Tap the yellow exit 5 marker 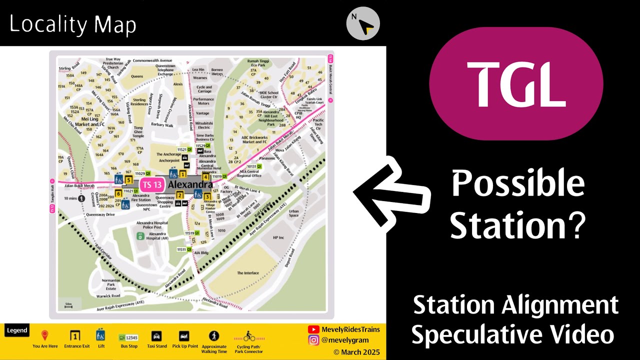point(129,180)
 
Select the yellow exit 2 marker point(179,195)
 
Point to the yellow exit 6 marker point(118,193)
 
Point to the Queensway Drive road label point(100,214)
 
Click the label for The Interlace point(248,273)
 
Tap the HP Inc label point(278,237)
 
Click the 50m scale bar point(68,304)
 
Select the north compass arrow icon point(363,23)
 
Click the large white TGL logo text point(516,83)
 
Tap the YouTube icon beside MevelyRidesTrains point(313,329)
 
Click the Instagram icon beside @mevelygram point(313,340)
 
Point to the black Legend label point(17,330)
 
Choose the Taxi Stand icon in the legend point(156,336)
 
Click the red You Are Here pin point(45,335)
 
